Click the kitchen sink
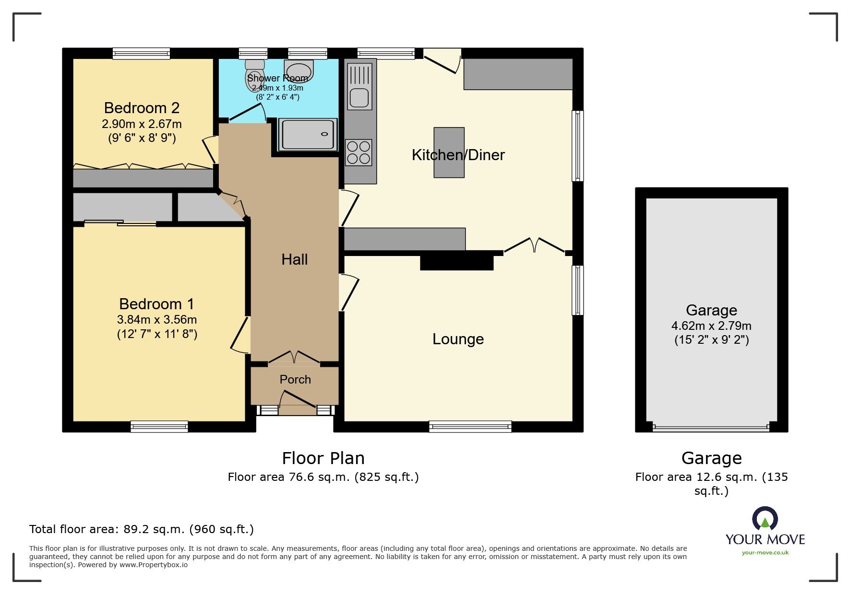(x=359, y=86)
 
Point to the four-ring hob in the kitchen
(x=359, y=152)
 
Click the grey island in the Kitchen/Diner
(x=449, y=152)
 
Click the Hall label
(x=294, y=259)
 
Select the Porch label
(x=295, y=379)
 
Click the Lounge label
(x=458, y=339)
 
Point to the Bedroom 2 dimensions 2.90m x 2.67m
(x=142, y=124)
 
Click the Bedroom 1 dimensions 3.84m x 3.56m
(x=157, y=319)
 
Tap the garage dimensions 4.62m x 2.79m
(x=711, y=326)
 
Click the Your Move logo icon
(x=765, y=519)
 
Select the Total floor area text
(x=142, y=529)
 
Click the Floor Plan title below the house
(x=323, y=458)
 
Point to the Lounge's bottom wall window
(x=470, y=426)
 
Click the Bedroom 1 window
(x=159, y=426)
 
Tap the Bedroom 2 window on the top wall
(x=141, y=53)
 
